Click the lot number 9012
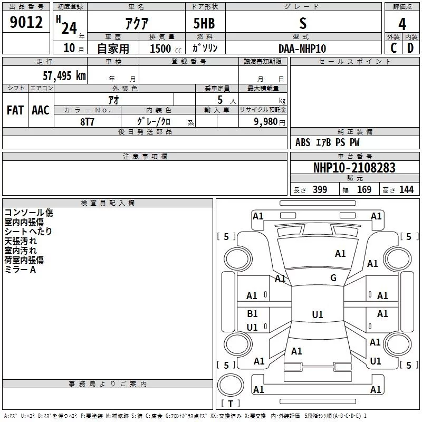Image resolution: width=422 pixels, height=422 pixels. pos(26,22)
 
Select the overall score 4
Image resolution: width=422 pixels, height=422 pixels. pos(402,24)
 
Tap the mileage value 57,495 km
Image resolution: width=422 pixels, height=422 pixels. pos(64,76)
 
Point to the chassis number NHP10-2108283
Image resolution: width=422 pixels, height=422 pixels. pos(354,168)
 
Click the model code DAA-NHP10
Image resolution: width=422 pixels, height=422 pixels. pos(302,49)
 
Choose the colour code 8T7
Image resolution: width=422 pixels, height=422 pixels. pos(87,122)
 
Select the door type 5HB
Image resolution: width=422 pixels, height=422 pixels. pos(204,23)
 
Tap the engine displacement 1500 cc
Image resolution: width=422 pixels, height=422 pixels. pos(166,49)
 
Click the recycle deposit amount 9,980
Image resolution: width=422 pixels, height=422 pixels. pos(266,121)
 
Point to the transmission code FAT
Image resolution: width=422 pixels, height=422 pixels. pos(15,110)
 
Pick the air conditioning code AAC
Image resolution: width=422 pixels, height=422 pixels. pos(41,110)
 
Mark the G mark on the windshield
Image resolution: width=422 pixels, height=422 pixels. pos(333,278)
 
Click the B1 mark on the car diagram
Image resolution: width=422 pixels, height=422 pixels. pos(252,313)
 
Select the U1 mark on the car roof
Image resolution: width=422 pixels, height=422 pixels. pos(318,314)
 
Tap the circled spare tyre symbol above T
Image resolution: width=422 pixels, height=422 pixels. pos(231,385)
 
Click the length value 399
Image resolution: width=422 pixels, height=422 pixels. pos(320,189)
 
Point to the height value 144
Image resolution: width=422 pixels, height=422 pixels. pos(406,189)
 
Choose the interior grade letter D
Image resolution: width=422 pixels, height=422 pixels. pos(410,48)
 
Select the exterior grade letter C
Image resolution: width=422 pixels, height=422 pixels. pos(393,48)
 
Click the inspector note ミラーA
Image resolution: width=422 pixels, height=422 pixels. pos(20,270)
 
